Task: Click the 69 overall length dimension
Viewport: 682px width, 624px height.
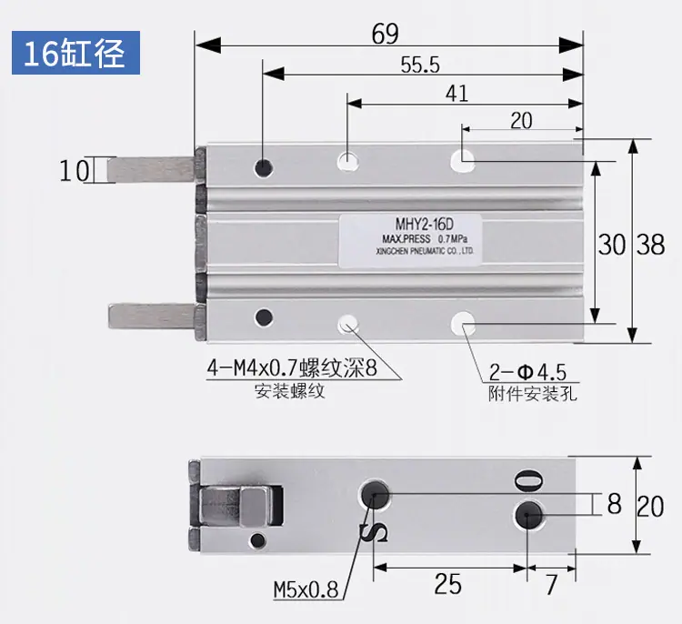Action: click(385, 34)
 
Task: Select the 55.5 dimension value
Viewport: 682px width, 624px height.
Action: click(420, 65)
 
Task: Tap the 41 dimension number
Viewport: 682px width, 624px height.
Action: click(456, 94)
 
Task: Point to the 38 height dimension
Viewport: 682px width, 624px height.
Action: click(651, 244)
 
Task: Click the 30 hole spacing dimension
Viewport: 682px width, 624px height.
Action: click(612, 244)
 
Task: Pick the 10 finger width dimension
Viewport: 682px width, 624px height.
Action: click(75, 170)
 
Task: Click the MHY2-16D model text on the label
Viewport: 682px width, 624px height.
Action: click(424, 224)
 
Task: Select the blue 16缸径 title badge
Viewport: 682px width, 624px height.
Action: click(75, 53)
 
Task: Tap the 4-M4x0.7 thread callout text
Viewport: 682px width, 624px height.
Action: click(292, 368)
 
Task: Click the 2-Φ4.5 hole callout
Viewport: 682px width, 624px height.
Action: click(527, 372)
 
